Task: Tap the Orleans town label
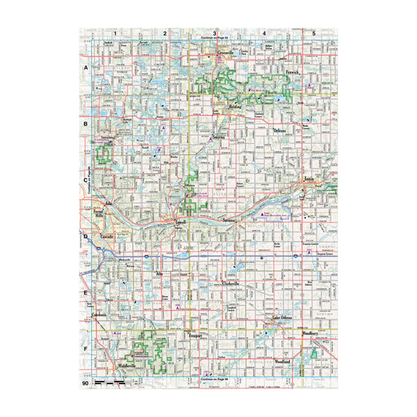(x=279, y=130)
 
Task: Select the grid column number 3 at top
(x=215, y=33)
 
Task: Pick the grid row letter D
(x=85, y=237)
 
